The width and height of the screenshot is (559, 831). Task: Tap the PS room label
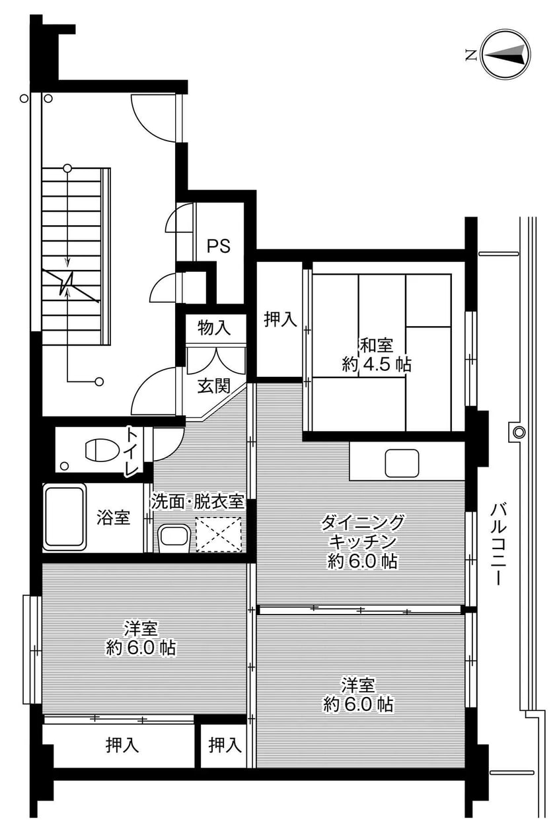[x=219, y=246]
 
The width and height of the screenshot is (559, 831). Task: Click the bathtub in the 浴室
[x=64, y=518]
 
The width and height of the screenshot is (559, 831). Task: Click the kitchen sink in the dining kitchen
[x=402, y=463]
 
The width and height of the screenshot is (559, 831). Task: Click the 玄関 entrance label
[x=213, y=387]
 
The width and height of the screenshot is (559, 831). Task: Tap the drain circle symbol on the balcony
[x=519, y=432]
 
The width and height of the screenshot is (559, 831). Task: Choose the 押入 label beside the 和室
[x=280, y=319]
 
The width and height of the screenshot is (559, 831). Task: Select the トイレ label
[x=132, y=452]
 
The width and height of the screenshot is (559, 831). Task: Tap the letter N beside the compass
[x=470, y=55]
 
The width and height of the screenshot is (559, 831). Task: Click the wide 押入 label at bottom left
[x=122, y=746]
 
